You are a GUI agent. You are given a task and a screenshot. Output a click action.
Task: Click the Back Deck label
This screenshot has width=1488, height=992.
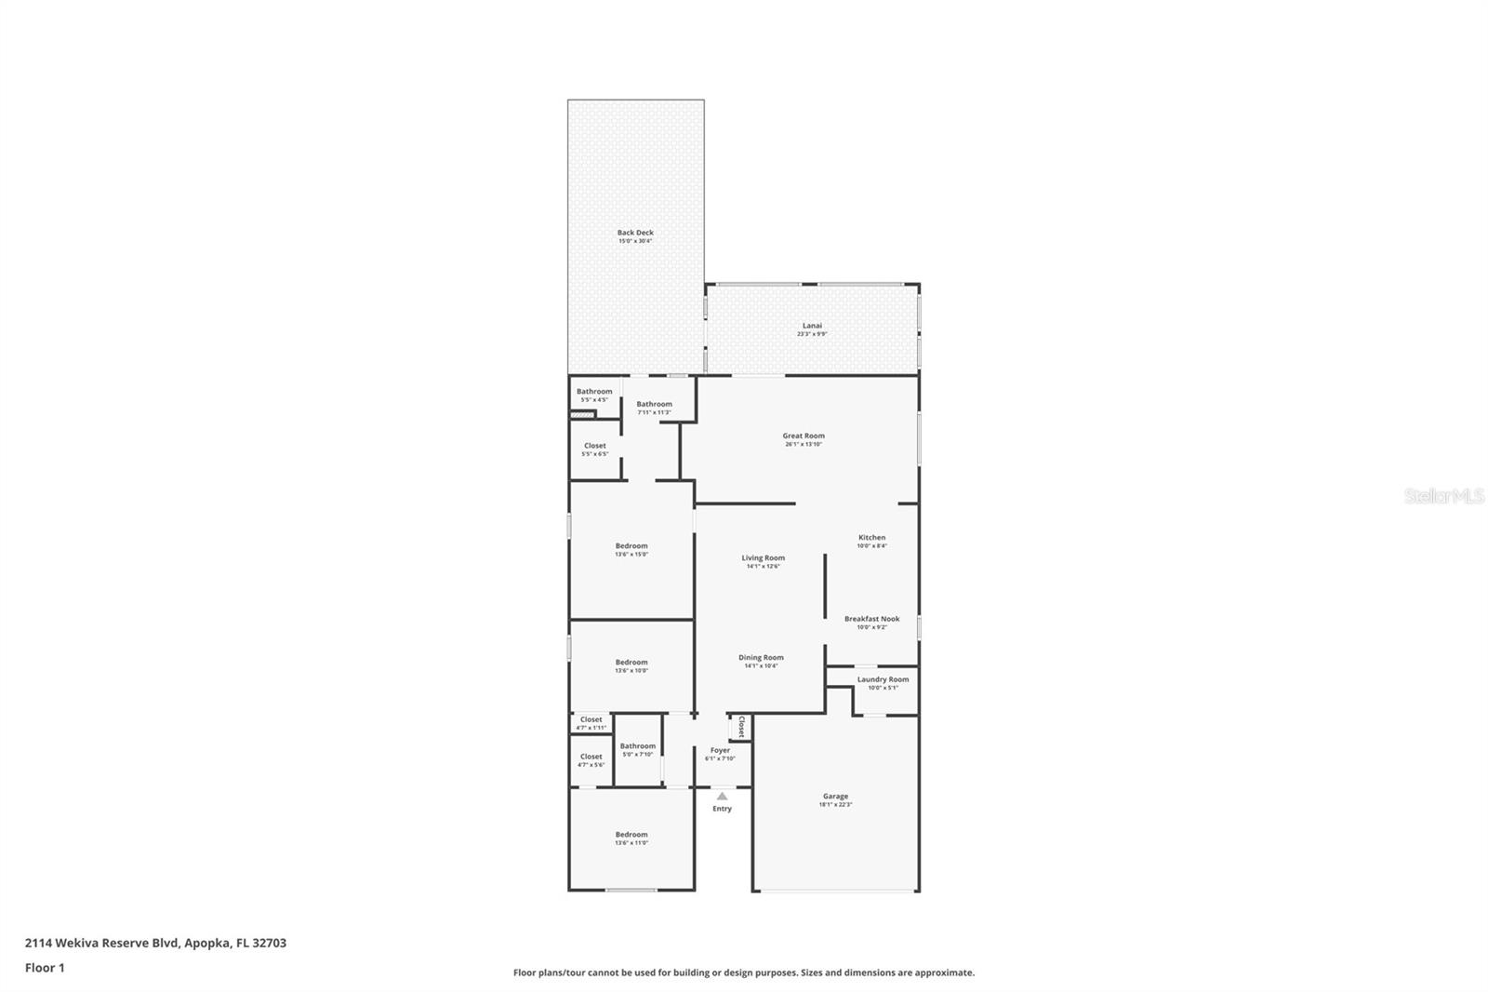pos(635,233)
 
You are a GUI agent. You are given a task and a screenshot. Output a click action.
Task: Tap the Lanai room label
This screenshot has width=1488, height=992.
pos(812,326)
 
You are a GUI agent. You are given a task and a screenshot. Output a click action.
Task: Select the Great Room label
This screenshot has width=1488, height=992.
pos(804,436)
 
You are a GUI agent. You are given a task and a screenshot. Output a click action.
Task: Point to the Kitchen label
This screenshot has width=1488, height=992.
pos(871,538)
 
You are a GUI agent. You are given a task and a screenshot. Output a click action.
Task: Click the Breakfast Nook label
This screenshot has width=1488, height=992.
pos(871,619)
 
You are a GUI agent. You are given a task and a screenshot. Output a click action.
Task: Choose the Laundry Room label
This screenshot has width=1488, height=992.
pos(883,679)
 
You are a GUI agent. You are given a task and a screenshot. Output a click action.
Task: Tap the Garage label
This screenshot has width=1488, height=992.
pos(835,797)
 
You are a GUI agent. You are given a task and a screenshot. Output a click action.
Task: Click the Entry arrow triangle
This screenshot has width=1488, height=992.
pos(722,797)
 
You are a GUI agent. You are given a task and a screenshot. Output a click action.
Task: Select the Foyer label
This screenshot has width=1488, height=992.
pos(720,750)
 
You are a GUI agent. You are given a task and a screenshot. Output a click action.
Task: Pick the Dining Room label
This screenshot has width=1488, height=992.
pos(761,658)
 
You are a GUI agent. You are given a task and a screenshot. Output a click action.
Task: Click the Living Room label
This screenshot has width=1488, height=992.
pos(763,558)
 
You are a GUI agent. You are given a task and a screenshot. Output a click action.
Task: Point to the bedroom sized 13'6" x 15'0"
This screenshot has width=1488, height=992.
pos(631,546)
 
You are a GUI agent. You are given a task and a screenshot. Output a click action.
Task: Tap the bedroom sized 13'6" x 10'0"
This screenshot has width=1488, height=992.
pos(631,663)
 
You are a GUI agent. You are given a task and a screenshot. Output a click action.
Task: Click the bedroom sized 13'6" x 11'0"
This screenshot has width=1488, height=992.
pos(631,835)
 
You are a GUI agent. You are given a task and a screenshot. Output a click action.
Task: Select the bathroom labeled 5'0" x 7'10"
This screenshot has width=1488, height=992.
pos(638,746)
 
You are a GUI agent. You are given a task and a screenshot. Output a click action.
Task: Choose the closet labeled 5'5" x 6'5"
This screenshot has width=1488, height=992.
pos(594,446)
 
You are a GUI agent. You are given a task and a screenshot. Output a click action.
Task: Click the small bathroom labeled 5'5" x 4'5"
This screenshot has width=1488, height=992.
pos(594,392)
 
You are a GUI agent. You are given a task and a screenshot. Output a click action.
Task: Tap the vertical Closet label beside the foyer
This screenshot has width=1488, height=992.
pos(741,726)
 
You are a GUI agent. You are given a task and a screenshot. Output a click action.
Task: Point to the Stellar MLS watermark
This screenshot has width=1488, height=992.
pos(1444,496)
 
